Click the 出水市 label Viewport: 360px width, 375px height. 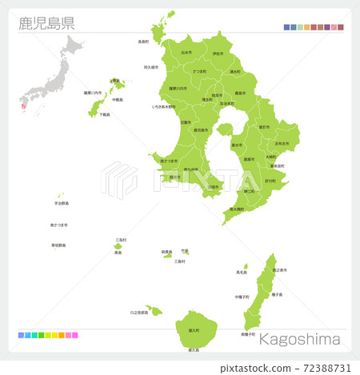[186, 52]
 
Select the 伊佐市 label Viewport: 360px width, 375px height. [218, 54]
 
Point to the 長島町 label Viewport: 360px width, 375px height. [143, 42]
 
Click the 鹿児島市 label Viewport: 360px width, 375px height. [201, 130]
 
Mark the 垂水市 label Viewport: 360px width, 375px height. [237, 145]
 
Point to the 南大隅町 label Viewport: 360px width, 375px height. [237, 209]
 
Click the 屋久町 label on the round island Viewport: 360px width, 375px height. [193, 330]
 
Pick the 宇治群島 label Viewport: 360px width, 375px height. [60, 203]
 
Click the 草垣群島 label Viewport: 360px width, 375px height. [58, 245]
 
